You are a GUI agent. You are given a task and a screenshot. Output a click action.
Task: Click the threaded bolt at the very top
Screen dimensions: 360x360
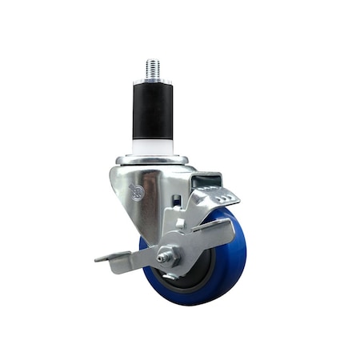152,68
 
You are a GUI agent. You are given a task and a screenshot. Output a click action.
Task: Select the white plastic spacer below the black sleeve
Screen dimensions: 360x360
153,145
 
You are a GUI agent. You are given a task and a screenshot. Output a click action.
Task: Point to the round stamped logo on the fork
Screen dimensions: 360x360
136,191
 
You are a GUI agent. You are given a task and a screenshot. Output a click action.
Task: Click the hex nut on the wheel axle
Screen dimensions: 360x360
167,257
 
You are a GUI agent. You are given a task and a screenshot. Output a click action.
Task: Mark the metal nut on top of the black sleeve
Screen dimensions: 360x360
152,80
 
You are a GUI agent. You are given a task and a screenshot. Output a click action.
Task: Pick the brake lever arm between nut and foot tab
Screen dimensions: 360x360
140,258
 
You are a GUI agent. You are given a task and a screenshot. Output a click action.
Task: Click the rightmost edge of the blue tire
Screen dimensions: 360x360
246,252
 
